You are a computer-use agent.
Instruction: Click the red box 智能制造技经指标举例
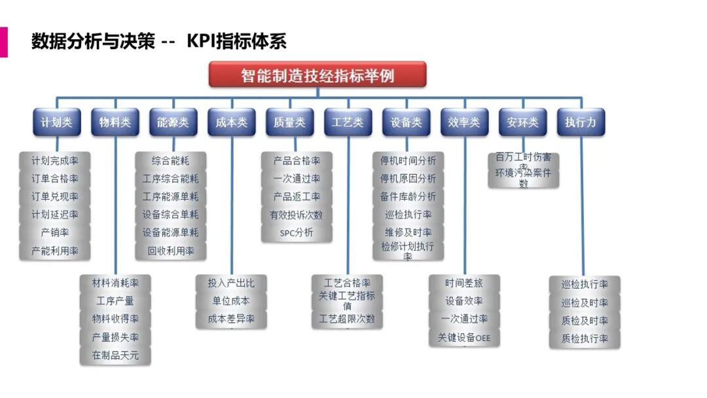[317, 75]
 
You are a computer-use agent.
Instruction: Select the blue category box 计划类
[57, 122]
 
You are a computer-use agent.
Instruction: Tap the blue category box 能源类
[173, 122]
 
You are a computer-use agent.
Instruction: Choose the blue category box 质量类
[289, 122]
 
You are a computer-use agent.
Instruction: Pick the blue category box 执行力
[581, 122]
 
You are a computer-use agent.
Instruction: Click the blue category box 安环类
[522, 122]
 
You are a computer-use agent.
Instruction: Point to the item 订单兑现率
[55, 196]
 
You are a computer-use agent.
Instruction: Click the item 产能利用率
[55, 251]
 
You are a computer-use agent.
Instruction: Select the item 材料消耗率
[115, 283]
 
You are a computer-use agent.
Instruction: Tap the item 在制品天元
[115, 355]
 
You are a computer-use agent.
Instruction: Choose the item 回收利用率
[171, 251]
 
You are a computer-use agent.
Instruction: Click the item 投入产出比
[231, 283]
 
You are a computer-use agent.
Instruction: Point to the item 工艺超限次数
[347, 319]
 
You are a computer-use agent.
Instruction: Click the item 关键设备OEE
[464, 338]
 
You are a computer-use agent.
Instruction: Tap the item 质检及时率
[585, 321]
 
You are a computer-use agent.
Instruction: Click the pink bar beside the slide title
[3, 42]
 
